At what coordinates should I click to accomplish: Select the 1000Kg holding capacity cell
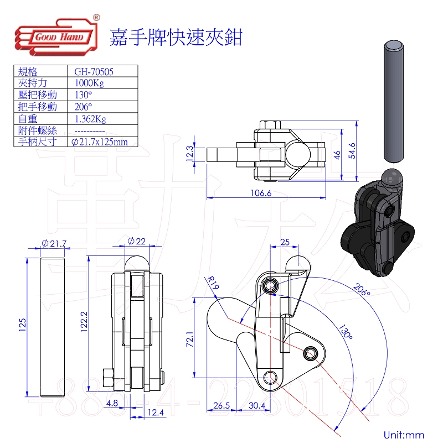(89, 83)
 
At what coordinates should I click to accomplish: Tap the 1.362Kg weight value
(90, 118)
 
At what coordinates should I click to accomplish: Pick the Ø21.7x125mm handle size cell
(100, 142)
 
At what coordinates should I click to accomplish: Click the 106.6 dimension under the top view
(261, 194)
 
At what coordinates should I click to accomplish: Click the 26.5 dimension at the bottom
(221, 406)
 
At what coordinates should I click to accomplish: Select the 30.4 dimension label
(256, 406)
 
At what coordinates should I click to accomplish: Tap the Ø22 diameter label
(136, 242)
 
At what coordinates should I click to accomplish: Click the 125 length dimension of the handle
(23, 323)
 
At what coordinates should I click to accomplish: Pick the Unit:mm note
(403, 435)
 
